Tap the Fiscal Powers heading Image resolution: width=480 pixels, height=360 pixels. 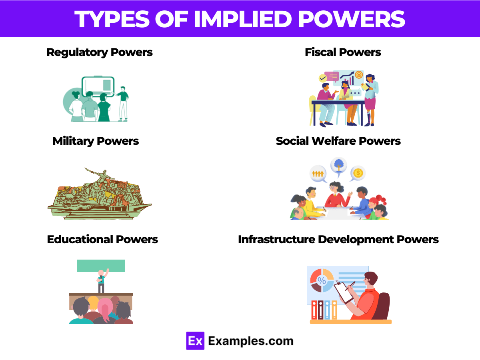[343, 52]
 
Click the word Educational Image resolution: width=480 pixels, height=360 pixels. [80, 240]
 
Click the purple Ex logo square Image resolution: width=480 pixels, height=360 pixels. [195, 341]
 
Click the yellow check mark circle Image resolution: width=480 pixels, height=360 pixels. [322, 78]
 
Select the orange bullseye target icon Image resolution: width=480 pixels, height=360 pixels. [359, 75]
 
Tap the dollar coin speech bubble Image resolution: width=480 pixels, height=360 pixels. [358, 173]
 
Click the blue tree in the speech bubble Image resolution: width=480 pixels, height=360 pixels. [338, 165]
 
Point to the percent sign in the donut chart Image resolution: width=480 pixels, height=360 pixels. [322, 280]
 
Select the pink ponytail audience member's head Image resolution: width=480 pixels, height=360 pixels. [105, 308]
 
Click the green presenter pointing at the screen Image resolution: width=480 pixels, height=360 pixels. [123, 102]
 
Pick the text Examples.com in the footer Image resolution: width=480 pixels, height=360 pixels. [251, 341]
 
